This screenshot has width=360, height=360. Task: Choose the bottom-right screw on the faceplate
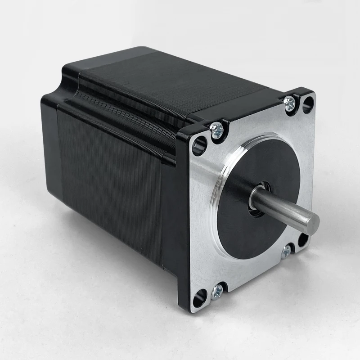tap(286, 252)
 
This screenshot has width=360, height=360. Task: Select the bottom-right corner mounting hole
tap(304, 239)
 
